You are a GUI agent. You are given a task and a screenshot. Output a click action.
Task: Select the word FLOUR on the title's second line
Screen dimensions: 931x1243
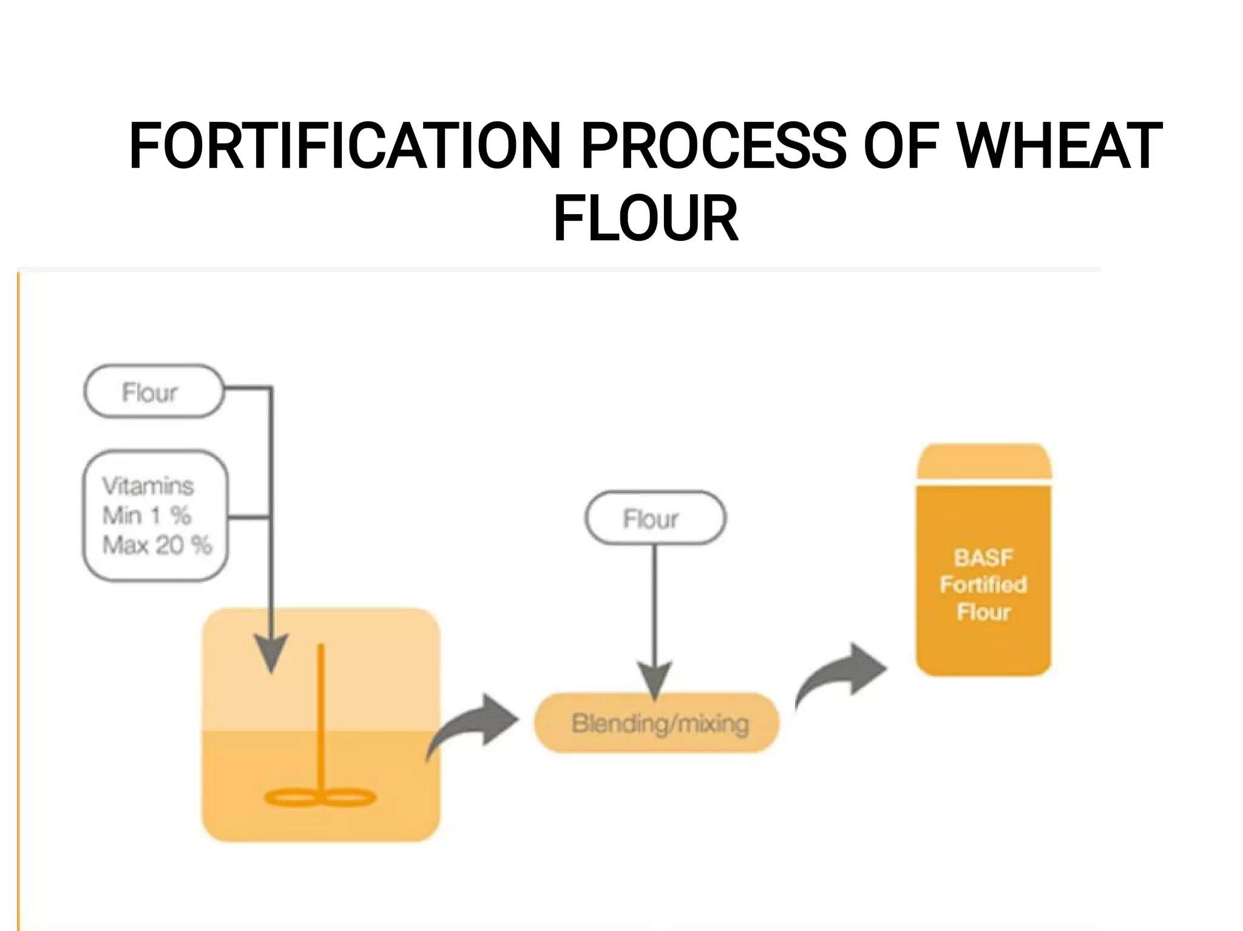tap(645, 218)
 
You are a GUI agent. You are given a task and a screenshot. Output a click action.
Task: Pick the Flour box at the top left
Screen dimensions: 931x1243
tap(154, 392)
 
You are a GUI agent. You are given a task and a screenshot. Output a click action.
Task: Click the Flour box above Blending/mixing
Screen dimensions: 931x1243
tap(655, 519)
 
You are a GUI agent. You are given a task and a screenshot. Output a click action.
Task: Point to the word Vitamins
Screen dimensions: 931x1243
tap(148, 486)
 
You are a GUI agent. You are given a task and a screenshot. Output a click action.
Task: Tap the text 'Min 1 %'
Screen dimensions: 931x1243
tap(147, 516)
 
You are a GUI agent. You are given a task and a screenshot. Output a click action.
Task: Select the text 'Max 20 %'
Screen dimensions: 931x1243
tap(157, 545)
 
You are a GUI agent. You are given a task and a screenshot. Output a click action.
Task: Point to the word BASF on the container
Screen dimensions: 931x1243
tap(983, 557)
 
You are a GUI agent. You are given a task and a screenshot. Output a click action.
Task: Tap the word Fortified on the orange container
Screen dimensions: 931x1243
tap(983, 585)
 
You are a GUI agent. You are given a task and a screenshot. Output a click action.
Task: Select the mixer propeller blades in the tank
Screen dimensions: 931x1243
tap(320, 797)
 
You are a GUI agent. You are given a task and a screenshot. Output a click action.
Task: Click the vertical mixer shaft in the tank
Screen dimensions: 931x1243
tap(321, 716)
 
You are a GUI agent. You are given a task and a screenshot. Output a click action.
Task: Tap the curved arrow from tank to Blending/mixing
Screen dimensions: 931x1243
tap(476, 725)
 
